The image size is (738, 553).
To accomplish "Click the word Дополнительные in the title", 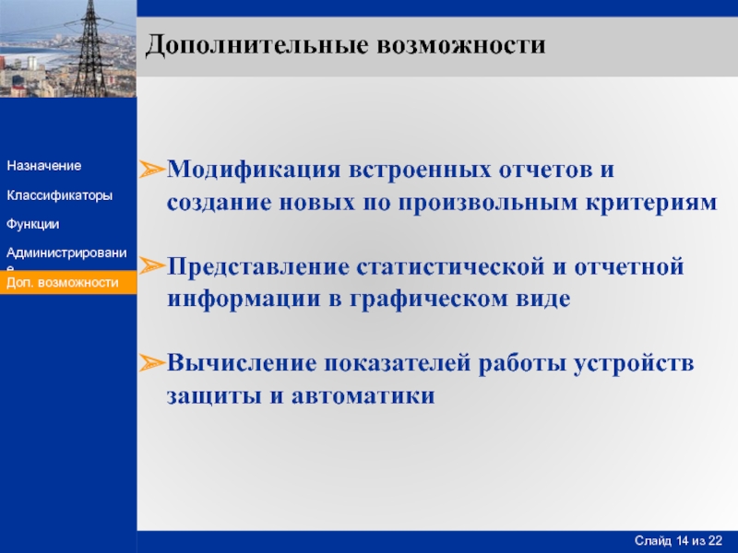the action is (x=257, y=45).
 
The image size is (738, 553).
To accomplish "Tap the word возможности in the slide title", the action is (x=461, y=45).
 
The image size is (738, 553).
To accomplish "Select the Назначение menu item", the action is (x=43, y=166).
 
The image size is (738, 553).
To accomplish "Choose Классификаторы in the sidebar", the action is (x=60, y=195).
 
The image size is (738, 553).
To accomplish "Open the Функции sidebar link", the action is (x=33, y=224).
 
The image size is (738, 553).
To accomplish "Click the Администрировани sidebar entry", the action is (x=66, y=253).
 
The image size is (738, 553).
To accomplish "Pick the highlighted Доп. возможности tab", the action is (x=68, y=283).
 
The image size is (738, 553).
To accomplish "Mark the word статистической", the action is (x=450, y=267).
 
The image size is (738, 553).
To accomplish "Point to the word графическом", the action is (x=429, y=300).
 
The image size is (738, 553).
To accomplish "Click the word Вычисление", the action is (x=242, y=363).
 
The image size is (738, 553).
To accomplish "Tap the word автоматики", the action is (x=363, y=395).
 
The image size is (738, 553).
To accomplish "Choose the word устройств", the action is (x=634, y=364).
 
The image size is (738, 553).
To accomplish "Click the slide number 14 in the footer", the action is (x=684, y=541).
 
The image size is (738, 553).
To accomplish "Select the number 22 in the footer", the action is (x=716, y=541).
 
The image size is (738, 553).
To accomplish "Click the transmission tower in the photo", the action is (x=90, y=49).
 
